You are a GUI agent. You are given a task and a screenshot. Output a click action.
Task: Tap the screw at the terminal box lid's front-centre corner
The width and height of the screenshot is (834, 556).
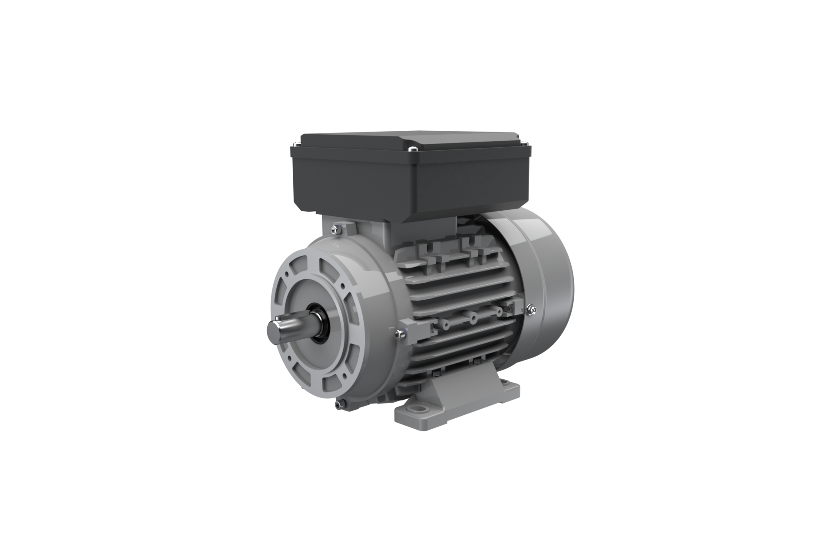click(412, 149)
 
